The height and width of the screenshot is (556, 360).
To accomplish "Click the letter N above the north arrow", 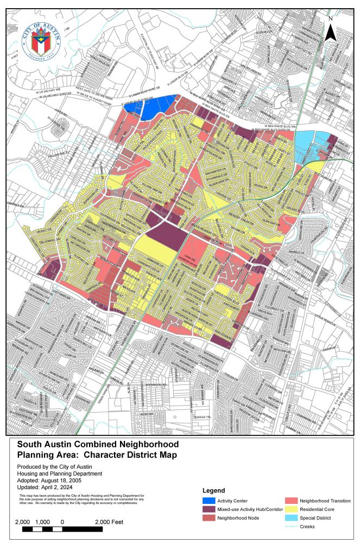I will pos(330,18).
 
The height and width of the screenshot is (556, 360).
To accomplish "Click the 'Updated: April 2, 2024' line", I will pos(48,488).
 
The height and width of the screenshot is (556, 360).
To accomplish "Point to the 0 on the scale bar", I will pos(63,521).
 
